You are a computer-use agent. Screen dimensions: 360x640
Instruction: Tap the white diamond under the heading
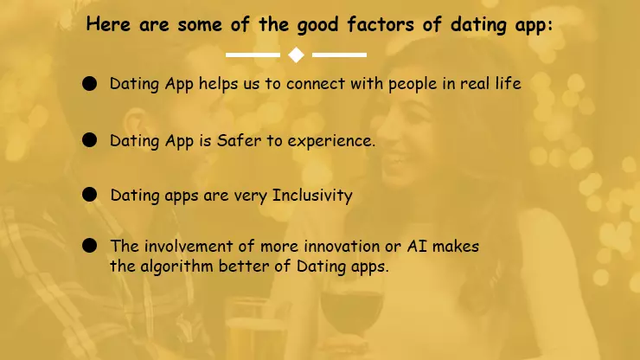coord(296,55)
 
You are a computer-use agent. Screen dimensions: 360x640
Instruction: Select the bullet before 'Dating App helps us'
coord(89,84)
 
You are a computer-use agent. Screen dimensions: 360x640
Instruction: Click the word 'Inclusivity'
coord(312,195)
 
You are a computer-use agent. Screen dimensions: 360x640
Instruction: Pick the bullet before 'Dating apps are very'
coord(89,195)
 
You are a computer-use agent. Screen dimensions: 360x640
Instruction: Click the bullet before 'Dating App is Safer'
coord(89,139)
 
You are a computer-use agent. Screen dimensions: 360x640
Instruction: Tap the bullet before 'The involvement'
coord(89,246)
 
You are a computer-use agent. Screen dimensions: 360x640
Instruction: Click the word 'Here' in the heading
coord(108,24)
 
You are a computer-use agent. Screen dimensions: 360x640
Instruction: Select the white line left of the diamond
coord(253,55)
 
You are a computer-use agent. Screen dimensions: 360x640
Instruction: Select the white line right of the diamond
coord(339,55)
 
